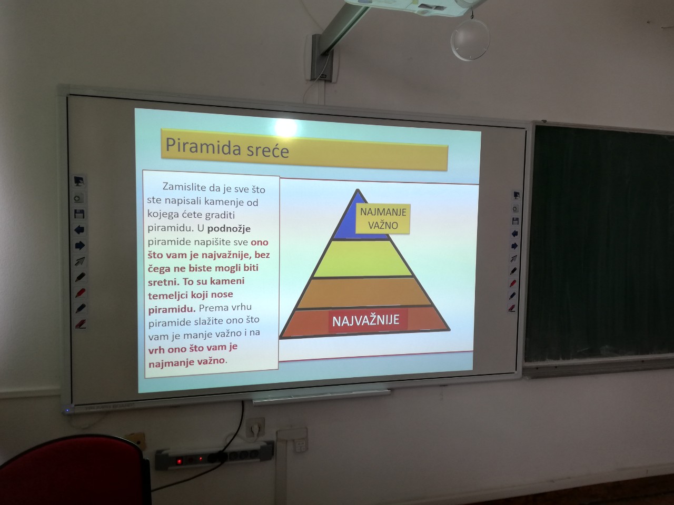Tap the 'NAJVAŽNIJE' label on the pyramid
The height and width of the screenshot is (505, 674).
click(366, 320)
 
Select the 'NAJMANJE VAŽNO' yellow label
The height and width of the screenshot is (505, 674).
click(383, 219)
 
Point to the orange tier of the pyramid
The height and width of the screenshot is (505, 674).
click(364, 292)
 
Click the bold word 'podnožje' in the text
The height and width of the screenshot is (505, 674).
click(229, 229)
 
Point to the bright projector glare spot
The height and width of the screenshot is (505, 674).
click(286, 127)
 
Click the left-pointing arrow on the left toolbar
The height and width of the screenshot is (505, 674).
click(80, 229)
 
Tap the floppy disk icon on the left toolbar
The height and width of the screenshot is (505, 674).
click(79, 214)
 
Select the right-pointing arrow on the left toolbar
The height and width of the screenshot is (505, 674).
click(80, 245)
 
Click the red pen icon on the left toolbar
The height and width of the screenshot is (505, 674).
click(80, 293)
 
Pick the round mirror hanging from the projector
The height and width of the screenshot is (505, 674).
click(470, 39)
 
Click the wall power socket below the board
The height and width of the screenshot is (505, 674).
click(255, 427)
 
